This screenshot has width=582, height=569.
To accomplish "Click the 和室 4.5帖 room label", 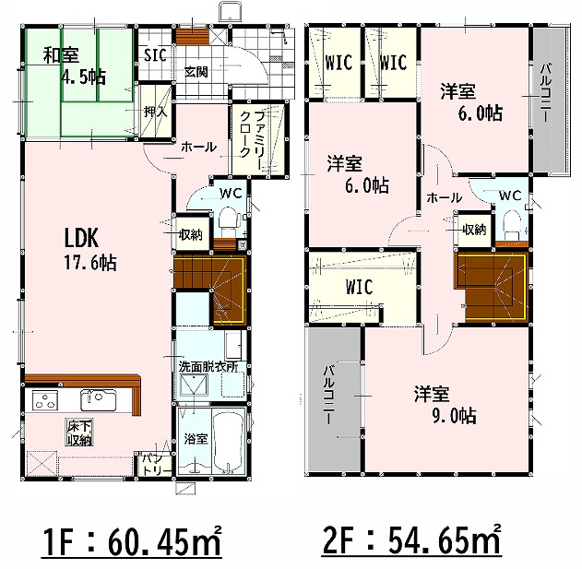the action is click(74, 66).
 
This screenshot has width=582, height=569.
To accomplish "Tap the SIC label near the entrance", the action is click(155, 55).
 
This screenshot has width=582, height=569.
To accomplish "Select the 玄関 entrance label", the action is click(196, 72).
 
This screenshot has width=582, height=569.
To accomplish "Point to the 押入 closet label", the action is click(156, 111).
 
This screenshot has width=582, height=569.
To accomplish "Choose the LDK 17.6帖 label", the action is click(90, 249).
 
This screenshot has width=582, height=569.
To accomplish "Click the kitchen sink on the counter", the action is click(99, 399).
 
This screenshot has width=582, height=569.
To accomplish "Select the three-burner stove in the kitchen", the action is click(45, 400).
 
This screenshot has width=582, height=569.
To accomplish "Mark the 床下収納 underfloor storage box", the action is click(79, 432).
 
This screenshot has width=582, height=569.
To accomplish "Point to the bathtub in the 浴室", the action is click(228, 441).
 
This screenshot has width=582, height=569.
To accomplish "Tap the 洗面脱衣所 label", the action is click(208, 367).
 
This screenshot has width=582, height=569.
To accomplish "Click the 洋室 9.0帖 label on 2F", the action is click(445, 405).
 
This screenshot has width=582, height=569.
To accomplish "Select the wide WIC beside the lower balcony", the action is click(359, 287).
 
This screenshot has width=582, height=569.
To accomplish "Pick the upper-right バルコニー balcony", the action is click(551, 101).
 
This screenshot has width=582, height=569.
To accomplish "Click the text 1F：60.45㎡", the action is click(131, 542).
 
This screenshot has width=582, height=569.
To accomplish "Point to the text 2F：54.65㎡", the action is click(412, 541).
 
